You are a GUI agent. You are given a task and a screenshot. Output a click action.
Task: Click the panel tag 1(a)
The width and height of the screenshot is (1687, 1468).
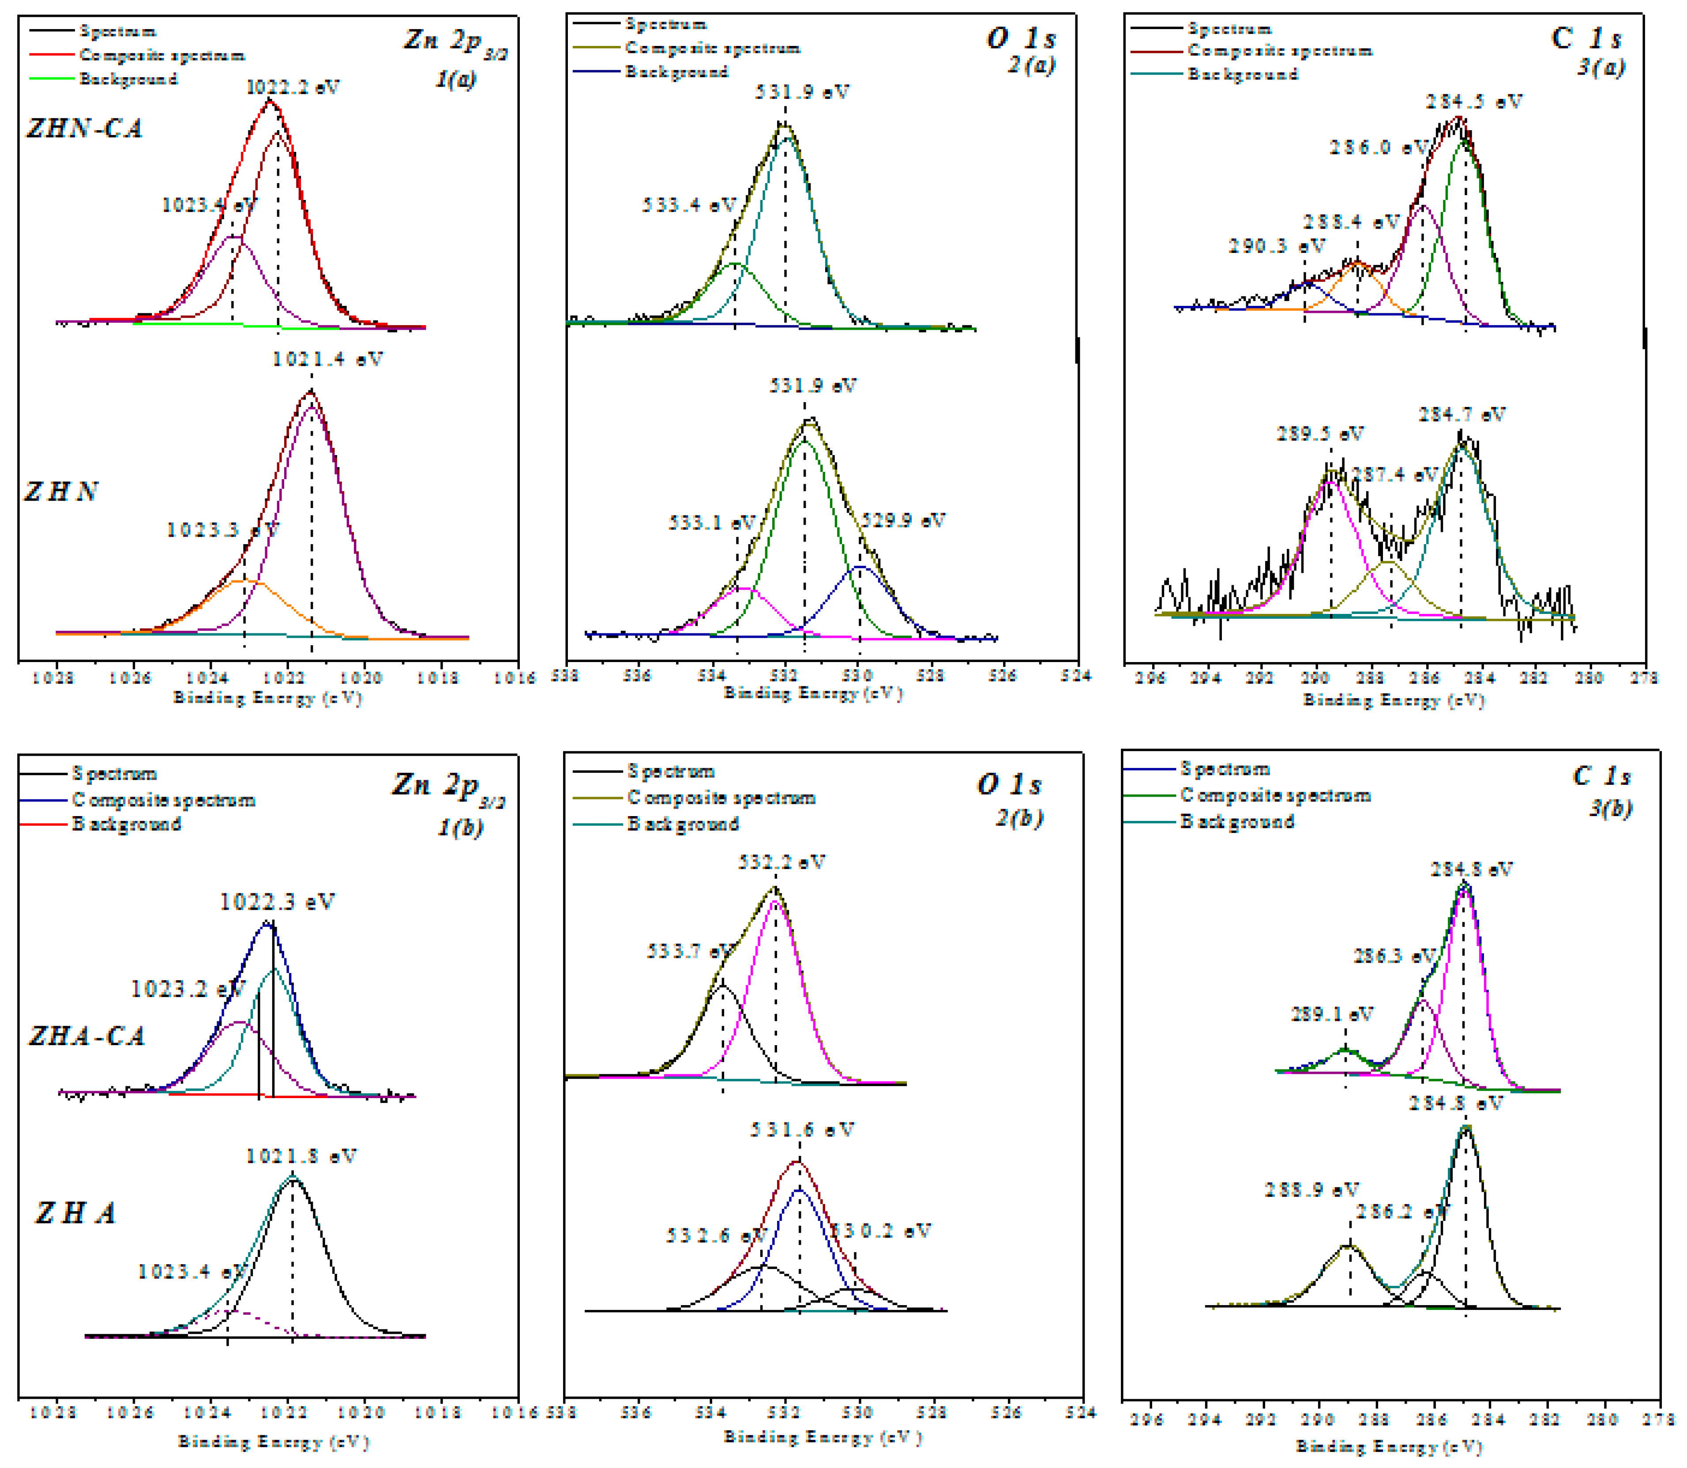(455, 79)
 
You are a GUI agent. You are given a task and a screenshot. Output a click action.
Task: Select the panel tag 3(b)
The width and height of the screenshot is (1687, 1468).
(1610, 809)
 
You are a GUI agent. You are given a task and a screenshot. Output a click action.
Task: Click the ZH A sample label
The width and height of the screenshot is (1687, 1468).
(75, 1213)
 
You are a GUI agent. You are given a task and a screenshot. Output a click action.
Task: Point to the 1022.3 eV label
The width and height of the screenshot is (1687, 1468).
(277, 902)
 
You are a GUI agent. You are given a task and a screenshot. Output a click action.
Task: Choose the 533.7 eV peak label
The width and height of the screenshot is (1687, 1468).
(690, 951)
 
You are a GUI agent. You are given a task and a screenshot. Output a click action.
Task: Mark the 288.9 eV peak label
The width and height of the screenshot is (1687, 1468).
(1311, 1189)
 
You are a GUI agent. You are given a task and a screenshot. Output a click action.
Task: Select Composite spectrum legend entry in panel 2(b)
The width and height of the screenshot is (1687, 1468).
(721, 797)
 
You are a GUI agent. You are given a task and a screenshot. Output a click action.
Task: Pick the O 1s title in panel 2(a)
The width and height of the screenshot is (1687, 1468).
(1020, 38)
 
